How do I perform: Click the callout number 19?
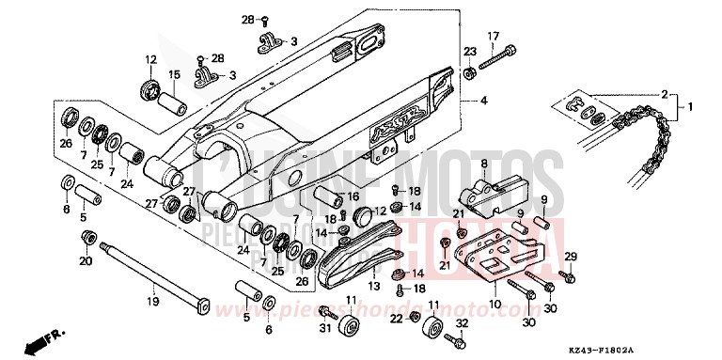pyautogui.click(x=150, y=302)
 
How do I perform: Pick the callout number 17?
pyautogui.click(x=492, y=37)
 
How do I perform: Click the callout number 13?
pyautogui.click(x=373, y=286)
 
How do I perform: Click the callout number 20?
pyautogui.click(x=86, y=261)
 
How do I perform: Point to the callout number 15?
pyautogui.click(x=174, y=74)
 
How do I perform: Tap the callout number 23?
pyautogui.click(x=469, y=50)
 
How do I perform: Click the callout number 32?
pyautogui.click(x=461, y=324)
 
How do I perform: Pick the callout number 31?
pyautogui.click(x=324, y=326)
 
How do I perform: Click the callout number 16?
pyautogui.click(x=353, y=196)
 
